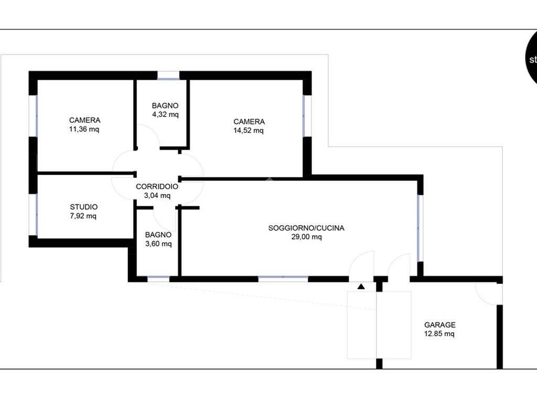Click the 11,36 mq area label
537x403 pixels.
point(84,129)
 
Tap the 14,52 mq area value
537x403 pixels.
point(249,131)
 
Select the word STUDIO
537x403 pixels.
point(83,207)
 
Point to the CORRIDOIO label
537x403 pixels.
point(157,186)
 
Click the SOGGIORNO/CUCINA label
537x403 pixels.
point(306,228)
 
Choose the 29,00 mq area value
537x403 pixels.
point(306,237)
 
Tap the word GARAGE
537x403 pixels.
point(440,324)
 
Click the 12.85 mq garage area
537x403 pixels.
point(439,333)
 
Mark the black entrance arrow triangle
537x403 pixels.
point(361,286)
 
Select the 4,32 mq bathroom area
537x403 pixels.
point(165,114)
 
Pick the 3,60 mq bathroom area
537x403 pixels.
point(158,243)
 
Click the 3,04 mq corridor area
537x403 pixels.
point(157,195)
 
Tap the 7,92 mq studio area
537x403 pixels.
point(83,216)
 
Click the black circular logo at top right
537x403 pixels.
point(531,58)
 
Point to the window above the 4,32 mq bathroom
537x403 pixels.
point(168,76)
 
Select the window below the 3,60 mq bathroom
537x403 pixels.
point(158,279)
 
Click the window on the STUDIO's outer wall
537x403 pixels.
point(33,215)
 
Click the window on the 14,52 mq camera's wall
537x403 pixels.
point(307,116)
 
